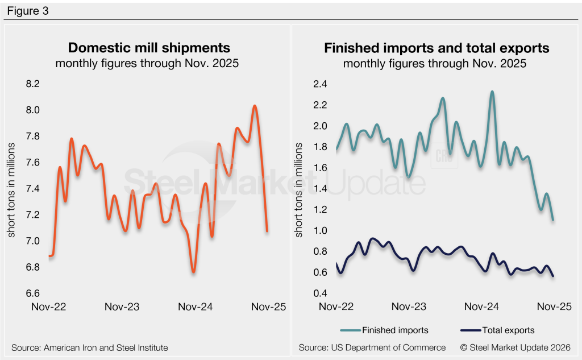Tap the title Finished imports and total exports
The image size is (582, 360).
pyautogui.click(x=436, y=48)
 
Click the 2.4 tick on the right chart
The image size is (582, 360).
pyautogui.click(x=321, y=84)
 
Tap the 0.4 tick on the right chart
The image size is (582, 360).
pyautogui.click(x=321, y=293)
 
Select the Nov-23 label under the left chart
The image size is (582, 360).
pyautogui.click(x=122, y=307)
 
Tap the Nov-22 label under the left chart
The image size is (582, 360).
pyautogui.click(x=49, y=307)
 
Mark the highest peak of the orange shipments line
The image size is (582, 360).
pyautogui.click(x=255, y=106)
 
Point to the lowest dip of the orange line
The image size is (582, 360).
pyautogui.click(x=194, y=272)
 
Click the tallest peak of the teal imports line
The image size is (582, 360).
pyautogui.click(x=492, y=92)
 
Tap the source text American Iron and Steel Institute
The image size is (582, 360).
pyautogui.click(x=90, y=347)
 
